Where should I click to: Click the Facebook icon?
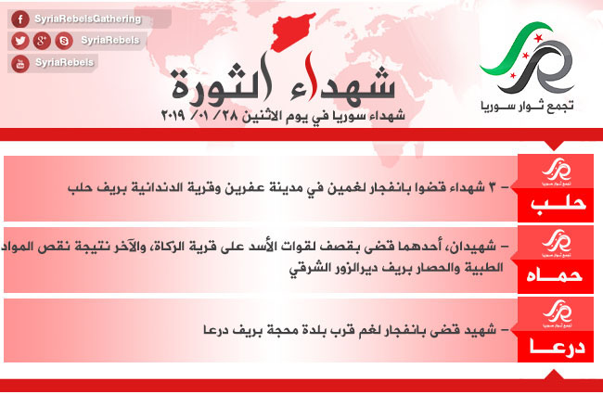(20, 19)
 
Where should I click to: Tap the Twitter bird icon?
(20, 41)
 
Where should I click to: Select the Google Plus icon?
(42, 41)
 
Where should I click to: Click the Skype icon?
(64, 41)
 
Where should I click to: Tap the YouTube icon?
(20, 63)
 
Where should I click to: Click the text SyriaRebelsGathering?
(88, 19)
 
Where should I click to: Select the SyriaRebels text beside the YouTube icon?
(64, 62)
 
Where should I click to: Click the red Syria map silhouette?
(293, 32)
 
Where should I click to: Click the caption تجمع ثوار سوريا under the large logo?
(527, 106)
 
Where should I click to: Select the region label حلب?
(558, 204)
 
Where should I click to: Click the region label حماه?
(554, 275)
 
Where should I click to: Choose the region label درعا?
(558, 347)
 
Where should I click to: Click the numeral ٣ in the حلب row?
(492, 187)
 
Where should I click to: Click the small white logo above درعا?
(558, 313)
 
